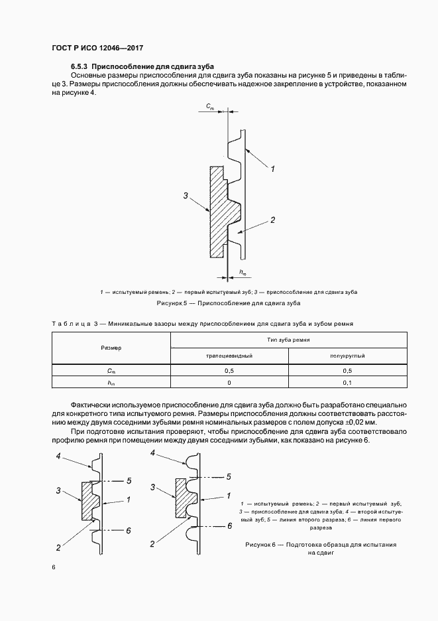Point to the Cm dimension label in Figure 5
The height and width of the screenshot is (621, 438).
coord(209,107)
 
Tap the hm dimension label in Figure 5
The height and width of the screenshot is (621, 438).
coord(243,272)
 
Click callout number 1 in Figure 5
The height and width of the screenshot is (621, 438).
coord(273,170)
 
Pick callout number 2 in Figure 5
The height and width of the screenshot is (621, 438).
coord(273,220)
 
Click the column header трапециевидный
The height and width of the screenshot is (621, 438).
coord(229,356)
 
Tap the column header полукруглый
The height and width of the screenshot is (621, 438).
coord(347,356)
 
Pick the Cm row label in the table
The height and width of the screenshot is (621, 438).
coord(111,371)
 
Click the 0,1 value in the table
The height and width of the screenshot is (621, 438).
coord(347,383)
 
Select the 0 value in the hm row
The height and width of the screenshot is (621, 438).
coord(229,383)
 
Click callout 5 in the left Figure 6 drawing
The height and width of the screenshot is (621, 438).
coord(129,480)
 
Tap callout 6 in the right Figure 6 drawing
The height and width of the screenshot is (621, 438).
coord(229,525)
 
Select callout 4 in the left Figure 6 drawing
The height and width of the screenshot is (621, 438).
coord(59,456)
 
